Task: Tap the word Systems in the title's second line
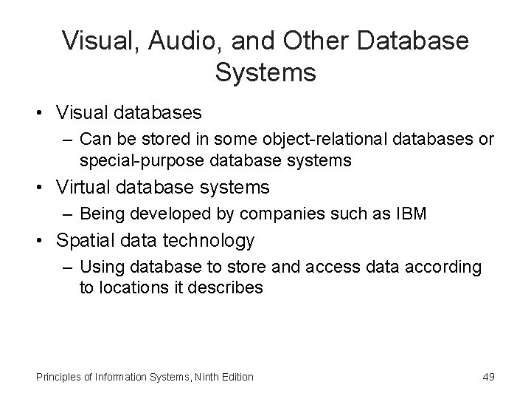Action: pyautogui.click(x=265, y=73)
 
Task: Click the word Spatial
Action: pyautogui.click(x=79, y=241)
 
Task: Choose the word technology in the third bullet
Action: pyautogui.click(x=208, y=241)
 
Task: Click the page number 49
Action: pyautogui.click(x=487, y=377)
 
